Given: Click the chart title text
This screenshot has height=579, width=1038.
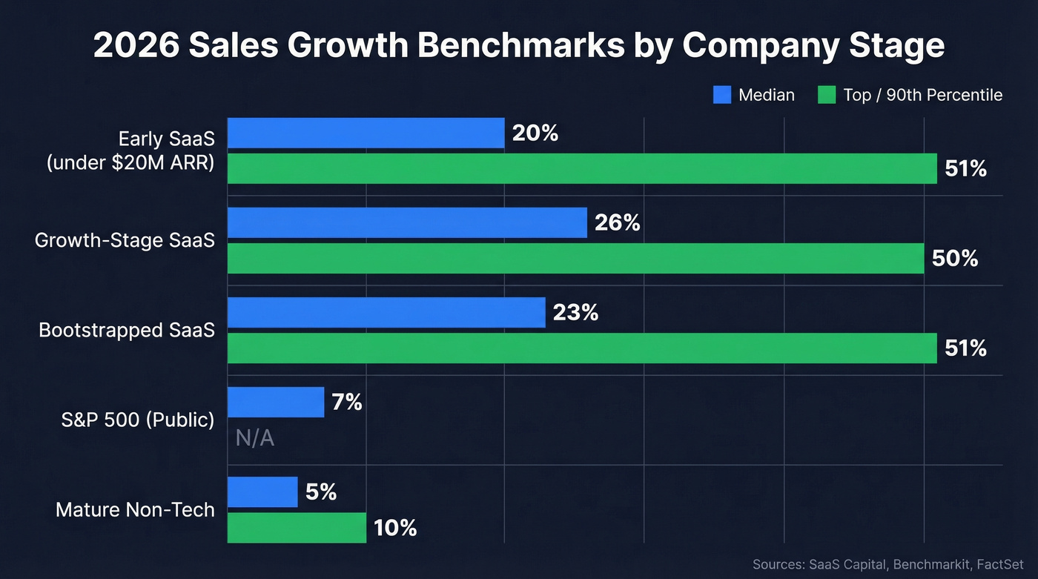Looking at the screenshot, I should (x=519, y=45).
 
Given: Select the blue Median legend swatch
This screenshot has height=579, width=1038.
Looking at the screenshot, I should (x=722, y=95).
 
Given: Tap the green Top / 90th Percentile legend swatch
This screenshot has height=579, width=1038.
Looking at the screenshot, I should (x=826, y=95).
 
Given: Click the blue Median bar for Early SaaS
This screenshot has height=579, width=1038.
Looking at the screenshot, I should (x=366, y=133).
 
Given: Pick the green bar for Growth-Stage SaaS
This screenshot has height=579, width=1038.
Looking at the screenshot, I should (x=575, y=258).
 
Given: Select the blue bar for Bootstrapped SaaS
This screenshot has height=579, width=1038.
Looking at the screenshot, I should (x=386, y=313).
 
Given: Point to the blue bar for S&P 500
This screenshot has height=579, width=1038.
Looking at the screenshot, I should (x=276, y=402).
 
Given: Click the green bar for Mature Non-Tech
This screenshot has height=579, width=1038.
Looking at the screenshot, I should (x=297, y=527).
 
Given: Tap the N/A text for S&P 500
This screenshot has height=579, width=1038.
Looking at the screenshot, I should (x=255, y=438).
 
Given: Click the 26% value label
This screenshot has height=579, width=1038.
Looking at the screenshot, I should (x=617, y=222).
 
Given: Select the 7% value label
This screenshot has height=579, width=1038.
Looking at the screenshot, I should (x=347, y=402).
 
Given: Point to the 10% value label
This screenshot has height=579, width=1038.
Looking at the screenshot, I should (x=394, y=528).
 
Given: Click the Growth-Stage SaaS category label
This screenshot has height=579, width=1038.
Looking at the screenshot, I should (x=125, y=240).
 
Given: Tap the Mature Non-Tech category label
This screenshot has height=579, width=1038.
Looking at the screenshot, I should (x=135, y=510).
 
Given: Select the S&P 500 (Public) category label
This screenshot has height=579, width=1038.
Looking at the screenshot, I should (x=137, y=420).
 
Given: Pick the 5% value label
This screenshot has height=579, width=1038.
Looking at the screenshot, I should (x=320, y=492).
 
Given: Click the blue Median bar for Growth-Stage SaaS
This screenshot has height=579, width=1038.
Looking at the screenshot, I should (x=407, y=222).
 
